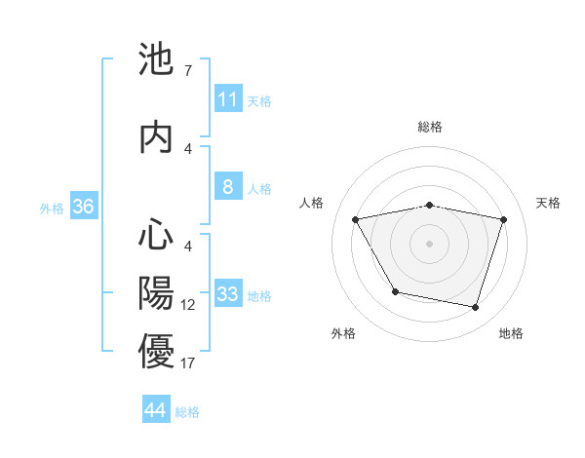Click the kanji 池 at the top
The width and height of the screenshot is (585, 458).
point(156,60)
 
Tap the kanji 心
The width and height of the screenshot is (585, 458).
point(156,235)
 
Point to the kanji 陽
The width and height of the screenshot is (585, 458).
point(156,293)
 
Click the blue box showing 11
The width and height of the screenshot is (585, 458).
point(228,99)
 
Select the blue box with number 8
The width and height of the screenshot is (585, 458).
point(228,187)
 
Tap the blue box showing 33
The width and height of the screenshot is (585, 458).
point(228,294)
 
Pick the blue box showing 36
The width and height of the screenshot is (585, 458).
point(83,207)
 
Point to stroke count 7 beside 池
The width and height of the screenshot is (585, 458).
point(187,71)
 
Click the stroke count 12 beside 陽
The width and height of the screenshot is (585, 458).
point(188,305)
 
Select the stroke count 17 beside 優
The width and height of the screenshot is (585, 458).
point(188,363)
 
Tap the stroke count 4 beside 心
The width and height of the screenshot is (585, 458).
point(187,247)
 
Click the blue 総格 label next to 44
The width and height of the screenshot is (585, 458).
point(187,412)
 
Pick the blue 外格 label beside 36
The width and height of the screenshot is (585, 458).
point(52,208)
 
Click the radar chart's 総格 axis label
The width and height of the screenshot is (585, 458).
point(430,127)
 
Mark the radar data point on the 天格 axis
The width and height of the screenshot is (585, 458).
point(504,219)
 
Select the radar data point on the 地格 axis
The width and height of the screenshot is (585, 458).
point(475,308)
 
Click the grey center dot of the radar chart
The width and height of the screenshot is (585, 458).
point(430,244)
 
